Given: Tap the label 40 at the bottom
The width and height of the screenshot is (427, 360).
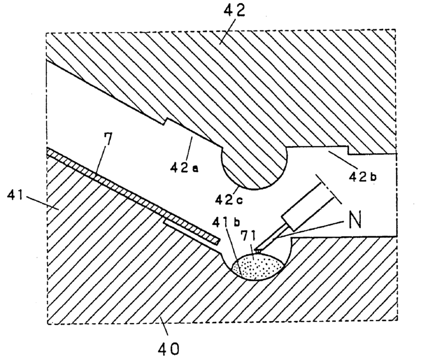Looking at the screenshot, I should (x=169, y=349).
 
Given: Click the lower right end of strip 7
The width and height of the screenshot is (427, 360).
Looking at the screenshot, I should (x=216, y=242).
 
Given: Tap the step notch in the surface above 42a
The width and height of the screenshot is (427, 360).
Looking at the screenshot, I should (x=165, y=123).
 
